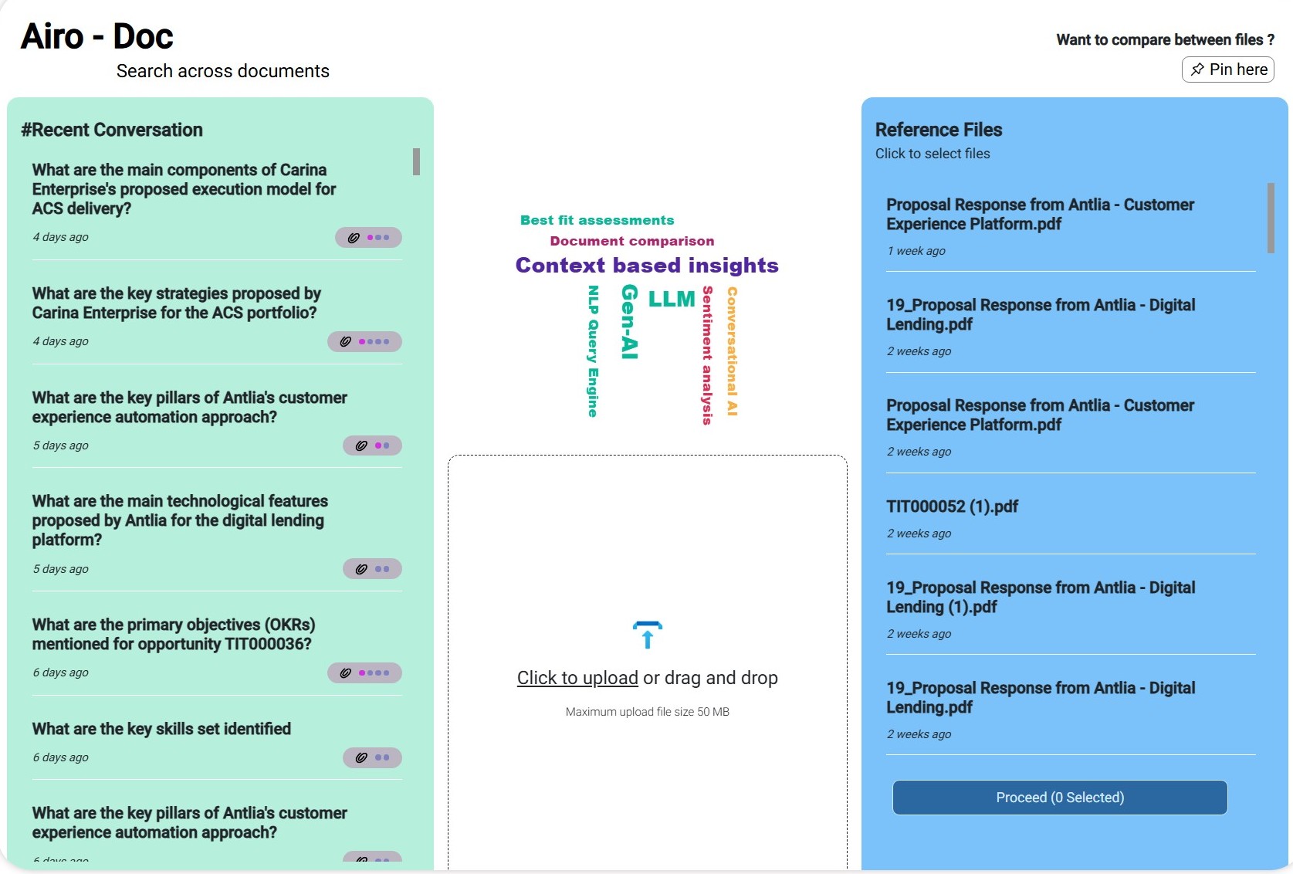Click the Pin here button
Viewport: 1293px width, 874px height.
coord(1227,69)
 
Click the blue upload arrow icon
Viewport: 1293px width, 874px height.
coord(647,635)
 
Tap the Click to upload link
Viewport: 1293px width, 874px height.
coord(577,678)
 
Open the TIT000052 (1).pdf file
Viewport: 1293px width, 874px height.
coord(952,506)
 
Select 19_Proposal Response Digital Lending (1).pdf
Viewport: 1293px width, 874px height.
coord(1040,597)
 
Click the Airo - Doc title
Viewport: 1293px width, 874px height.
coord(97,36)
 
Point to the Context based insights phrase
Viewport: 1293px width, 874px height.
coord(647,266)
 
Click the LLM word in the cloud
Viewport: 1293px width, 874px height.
coord(672,299)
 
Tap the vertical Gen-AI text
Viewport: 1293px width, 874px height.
coord(630,322)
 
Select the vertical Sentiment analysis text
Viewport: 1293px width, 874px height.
coord(706,355)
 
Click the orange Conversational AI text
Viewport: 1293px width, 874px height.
coord(732,351)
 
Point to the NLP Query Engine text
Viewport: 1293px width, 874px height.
coord(593,351)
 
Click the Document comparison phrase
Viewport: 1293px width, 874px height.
coord(632,241)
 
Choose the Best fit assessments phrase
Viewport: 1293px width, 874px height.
coord(597,220)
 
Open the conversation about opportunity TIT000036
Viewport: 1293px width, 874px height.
coord(174,634)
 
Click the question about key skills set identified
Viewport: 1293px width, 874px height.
coord(161,729)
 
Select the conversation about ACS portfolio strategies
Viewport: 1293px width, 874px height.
coord(176,303)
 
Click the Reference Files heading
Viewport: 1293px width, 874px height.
coord(939,130)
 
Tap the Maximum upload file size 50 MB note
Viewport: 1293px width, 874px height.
coord(647,712)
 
